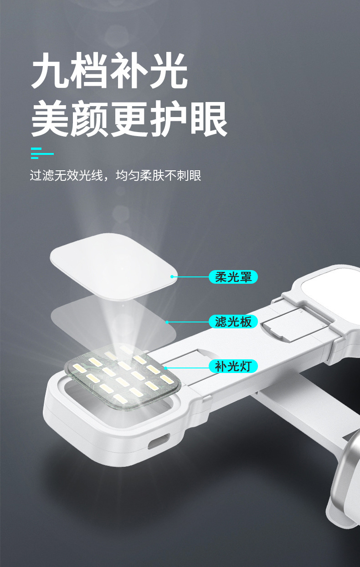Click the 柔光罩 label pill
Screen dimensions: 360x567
tap(233, 276)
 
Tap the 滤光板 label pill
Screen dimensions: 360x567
tap(233, 322)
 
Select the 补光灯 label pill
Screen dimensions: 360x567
tap(233, 366)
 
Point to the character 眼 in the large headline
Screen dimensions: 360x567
tap(209, 118)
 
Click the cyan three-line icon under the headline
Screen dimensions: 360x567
tap(42, 153)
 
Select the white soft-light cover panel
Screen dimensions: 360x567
tap(113, 266)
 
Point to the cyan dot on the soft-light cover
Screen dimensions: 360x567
tap(172, 276)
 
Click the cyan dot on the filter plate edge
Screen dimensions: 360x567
tap(167, 322)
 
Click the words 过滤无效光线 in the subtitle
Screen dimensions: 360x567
tap(67, 175)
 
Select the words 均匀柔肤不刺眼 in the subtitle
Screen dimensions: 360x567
tap(158, 175)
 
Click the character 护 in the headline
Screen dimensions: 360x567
tap(169, 118)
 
